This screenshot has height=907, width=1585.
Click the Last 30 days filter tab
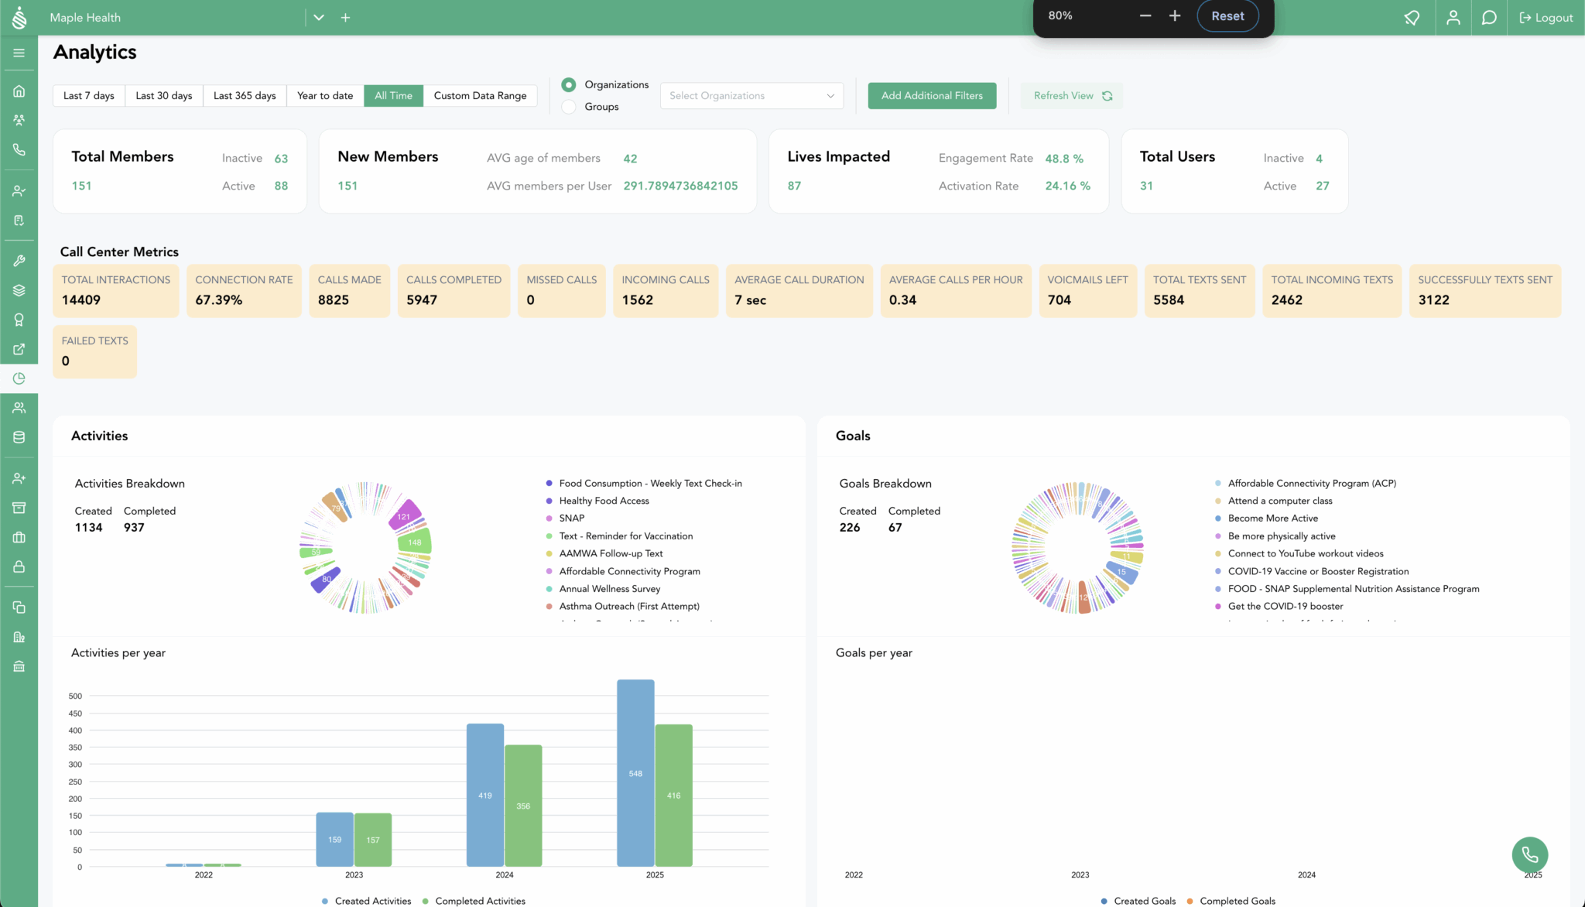tap(164, 96)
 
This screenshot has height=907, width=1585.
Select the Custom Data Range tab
tap(480, 96)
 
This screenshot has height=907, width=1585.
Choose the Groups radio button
tap(569, 107)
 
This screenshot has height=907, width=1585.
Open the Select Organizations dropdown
tap(751, 96)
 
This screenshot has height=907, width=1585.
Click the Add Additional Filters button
tap(932, 96)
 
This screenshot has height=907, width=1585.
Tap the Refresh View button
tap(1072, 96)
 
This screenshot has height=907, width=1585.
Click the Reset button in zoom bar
tap(1227, 16)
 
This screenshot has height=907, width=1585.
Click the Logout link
tap(1546, 18)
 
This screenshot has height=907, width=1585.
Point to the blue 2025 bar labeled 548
tap(635, 772)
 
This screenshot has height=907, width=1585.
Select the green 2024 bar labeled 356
tap(523, 805)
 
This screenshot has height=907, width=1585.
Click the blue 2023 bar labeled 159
tap(334, 839)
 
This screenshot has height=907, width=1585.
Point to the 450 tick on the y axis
tap(75, 714)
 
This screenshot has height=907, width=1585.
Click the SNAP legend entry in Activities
tap(572, 519)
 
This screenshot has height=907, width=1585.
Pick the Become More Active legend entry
tap(1272, 519)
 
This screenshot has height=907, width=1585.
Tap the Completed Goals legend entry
tap(1237, 901)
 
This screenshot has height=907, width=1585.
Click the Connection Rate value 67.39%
tap(219, 300)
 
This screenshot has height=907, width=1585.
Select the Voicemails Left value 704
tap(1059, 300)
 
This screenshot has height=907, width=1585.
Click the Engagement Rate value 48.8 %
tap(1064, 159)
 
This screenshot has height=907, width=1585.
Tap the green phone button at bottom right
tap(1529, 854)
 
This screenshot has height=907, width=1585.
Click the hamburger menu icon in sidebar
tap(19, 53)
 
